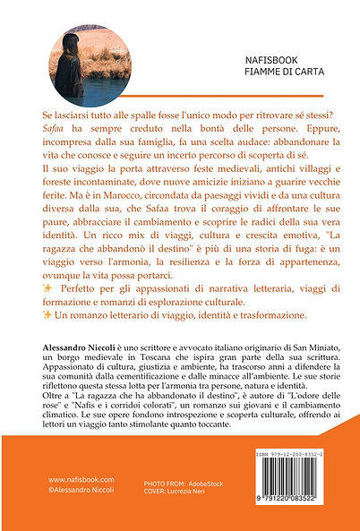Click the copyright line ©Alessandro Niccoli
point(79,518)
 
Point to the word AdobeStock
point(212,507)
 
